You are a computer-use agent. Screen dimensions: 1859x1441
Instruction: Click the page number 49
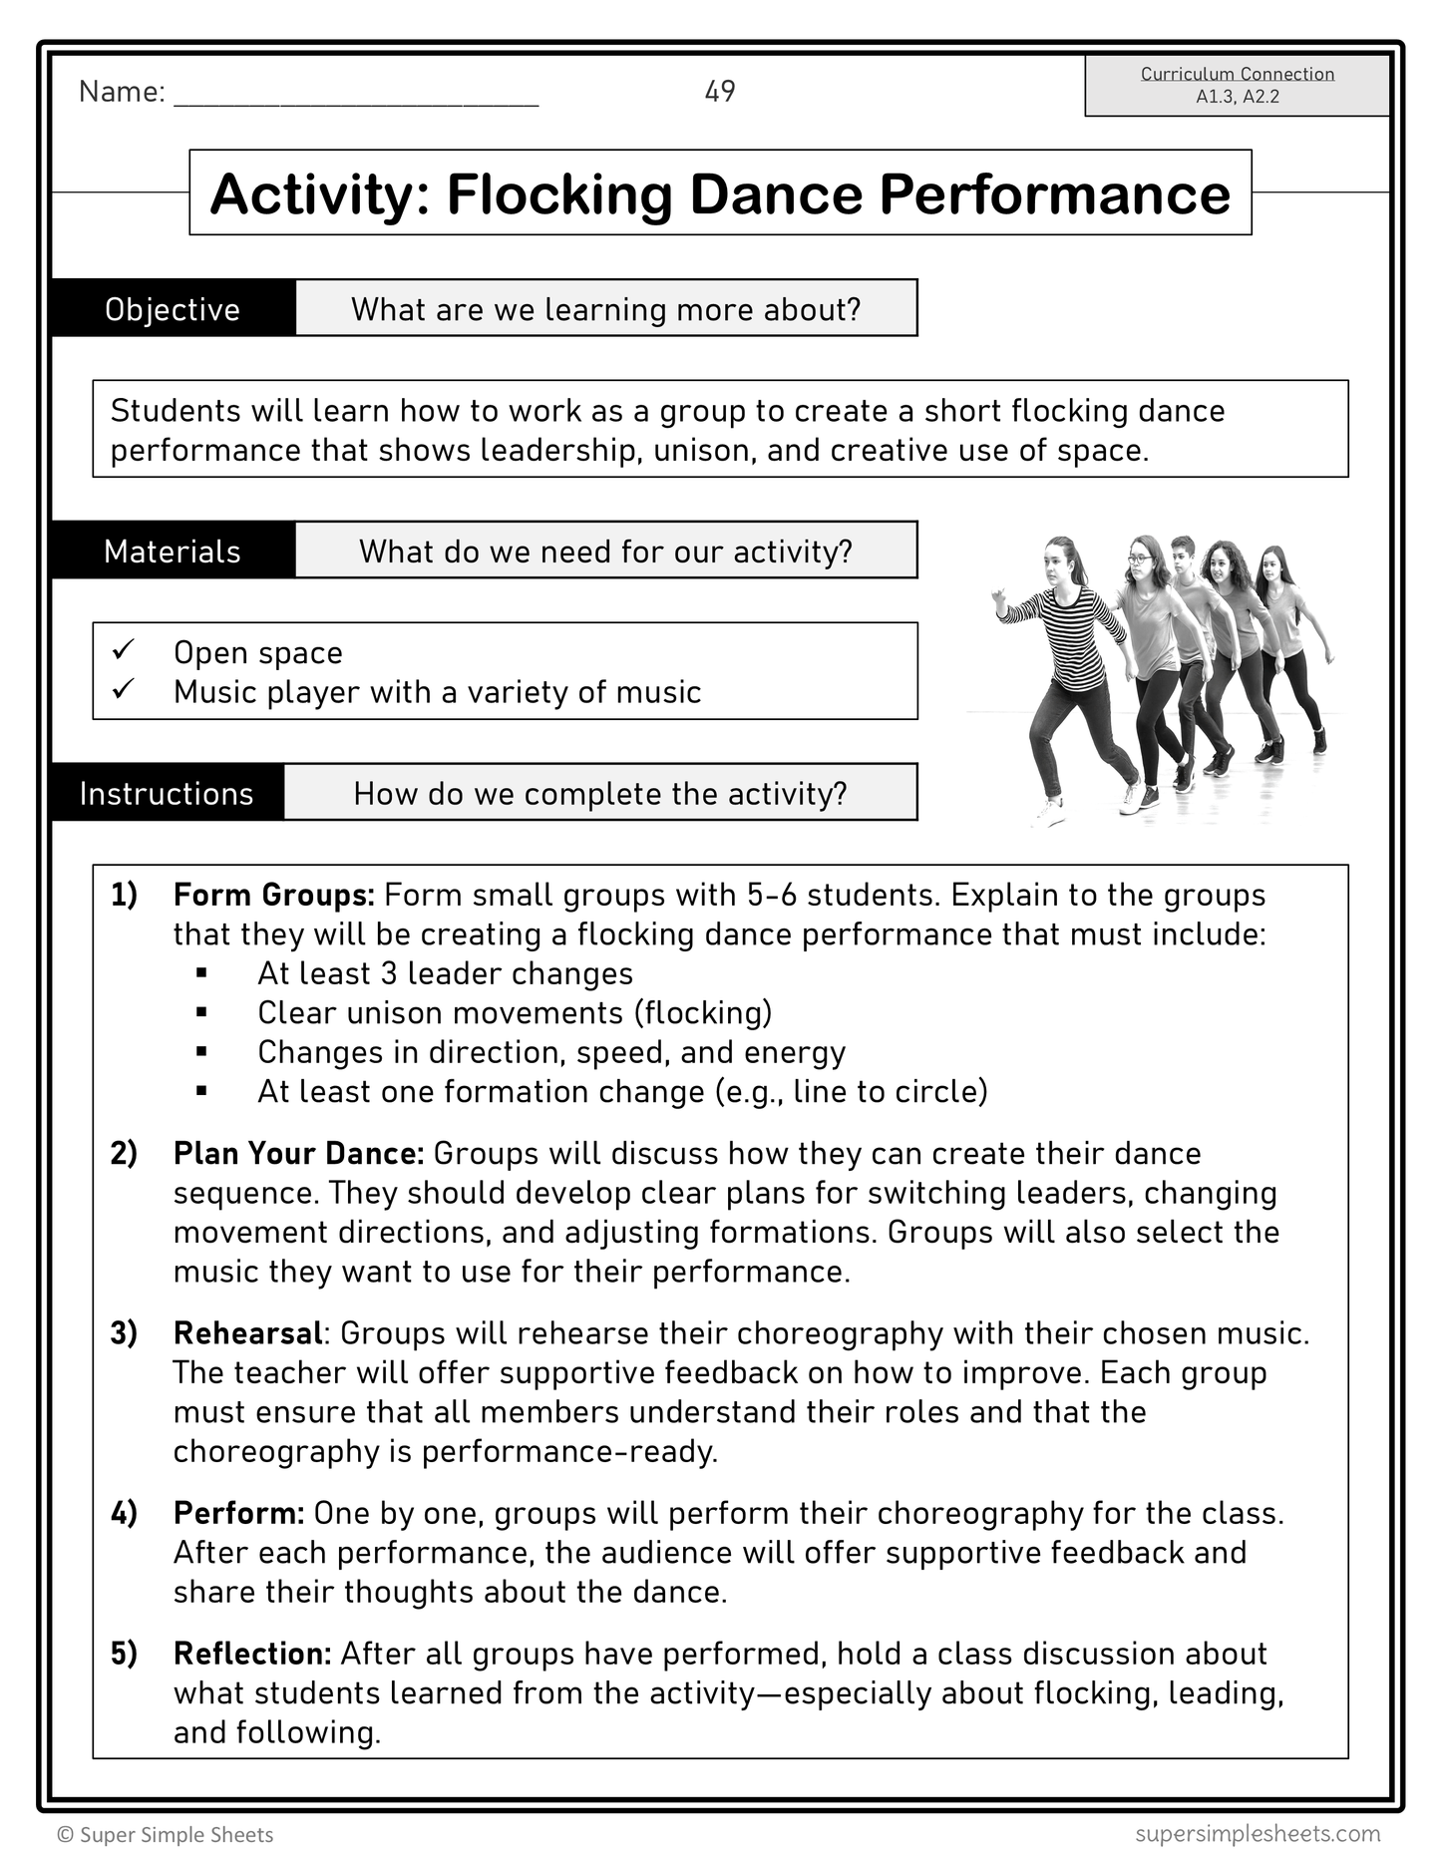[719, 92]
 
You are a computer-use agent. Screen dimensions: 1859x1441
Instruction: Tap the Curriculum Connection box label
[1237, 74]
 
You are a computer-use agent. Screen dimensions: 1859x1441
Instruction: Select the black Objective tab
[173, 309]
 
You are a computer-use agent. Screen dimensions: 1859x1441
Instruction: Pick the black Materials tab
[173, 552]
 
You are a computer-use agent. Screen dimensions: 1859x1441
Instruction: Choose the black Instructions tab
[167, 793]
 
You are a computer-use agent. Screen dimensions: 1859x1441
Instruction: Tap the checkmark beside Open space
[124, 650]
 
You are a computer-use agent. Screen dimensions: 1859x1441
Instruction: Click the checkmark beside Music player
[124, 689]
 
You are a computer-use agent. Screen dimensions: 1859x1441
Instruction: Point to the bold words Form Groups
[273, 895]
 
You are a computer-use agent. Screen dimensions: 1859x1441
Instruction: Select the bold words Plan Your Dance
[298, 1153]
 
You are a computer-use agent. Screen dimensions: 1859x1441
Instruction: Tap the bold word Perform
[238, 1513]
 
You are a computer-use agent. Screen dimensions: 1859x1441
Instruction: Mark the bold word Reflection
[251, 1654]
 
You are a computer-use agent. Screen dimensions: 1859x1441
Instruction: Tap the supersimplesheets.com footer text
[1257, 1833]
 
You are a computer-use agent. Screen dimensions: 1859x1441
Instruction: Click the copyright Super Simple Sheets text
[166, 1835]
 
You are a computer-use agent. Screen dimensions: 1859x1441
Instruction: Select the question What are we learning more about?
[605, 309]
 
